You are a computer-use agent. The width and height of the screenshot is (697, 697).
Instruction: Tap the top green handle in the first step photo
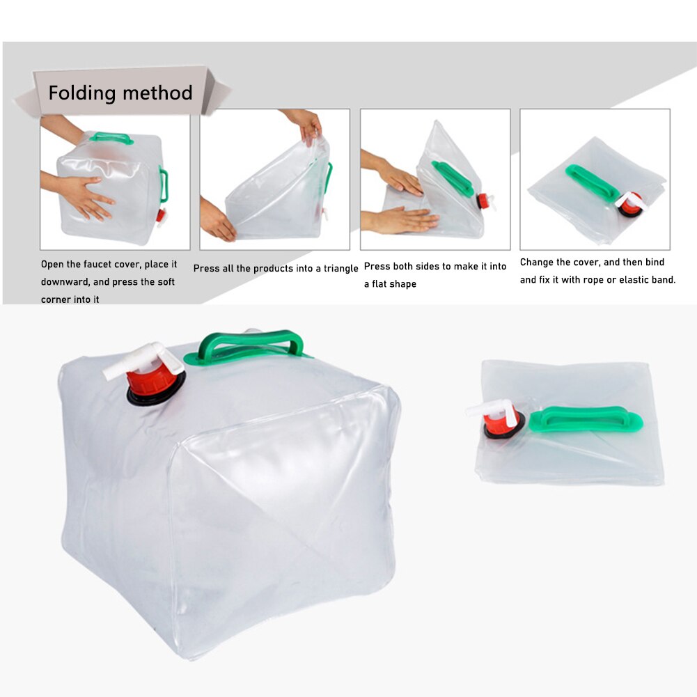(111, 136)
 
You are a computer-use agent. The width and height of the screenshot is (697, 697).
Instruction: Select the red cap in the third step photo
(482, 201)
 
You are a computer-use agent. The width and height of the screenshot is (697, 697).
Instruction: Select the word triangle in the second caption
(339, 268)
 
